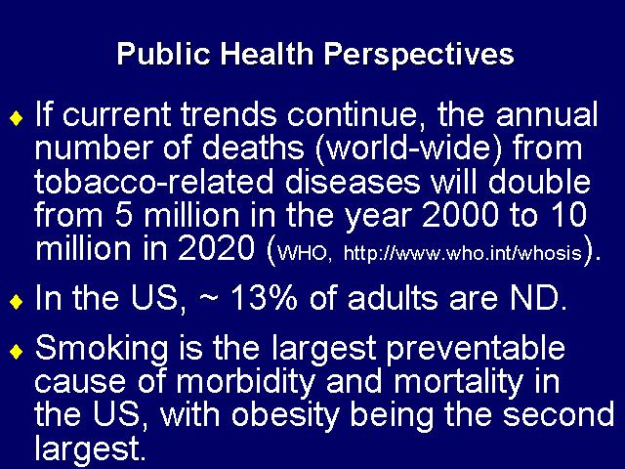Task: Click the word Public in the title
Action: [163, 55]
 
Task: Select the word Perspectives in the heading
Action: [419, 55]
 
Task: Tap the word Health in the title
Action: [267, 53]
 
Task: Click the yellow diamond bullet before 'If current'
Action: [17, 118]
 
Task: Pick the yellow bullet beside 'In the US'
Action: [17, 302]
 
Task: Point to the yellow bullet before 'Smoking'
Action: [17, 352]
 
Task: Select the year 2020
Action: [217, 248]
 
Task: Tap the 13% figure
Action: [264, 297]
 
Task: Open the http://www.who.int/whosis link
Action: [462, 253]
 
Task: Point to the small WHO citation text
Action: [304, 254]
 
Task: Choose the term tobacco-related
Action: [154, 182]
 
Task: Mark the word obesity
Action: [285, 415]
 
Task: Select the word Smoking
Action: [102, 349]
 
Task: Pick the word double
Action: [538, 182]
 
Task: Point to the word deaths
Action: [253, 148]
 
